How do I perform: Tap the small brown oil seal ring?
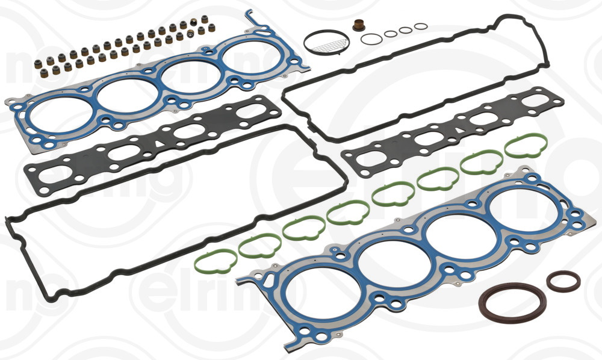[563, 281]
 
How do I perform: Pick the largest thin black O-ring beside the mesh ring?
[371, 39]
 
